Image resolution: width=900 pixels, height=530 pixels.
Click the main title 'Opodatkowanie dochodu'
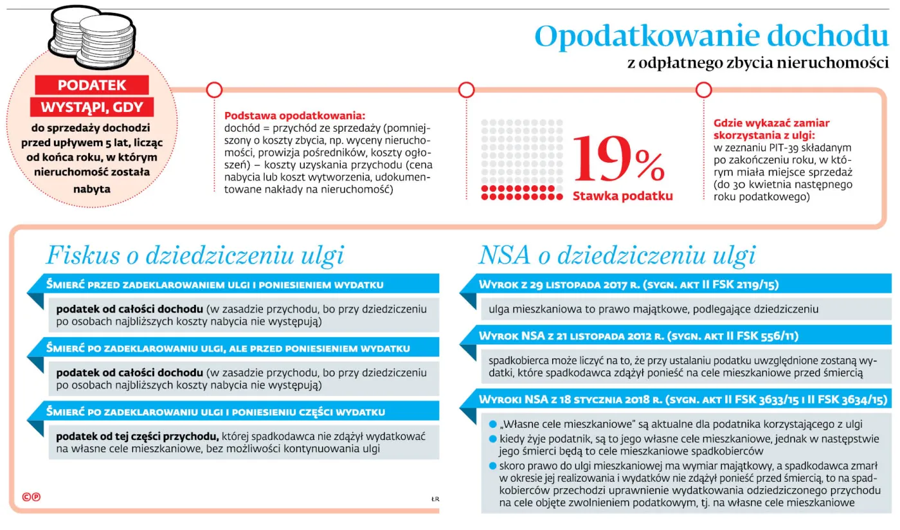click(712, 37)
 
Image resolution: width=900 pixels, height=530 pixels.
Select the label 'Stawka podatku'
click(622, 196)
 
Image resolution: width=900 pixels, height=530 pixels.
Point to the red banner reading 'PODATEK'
click(92, 85)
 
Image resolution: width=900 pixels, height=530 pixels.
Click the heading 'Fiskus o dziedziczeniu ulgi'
click(195, 255)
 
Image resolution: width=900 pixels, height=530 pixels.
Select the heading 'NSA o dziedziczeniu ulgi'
click(617, 255)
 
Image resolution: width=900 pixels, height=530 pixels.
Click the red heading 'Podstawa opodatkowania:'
click(294, 116)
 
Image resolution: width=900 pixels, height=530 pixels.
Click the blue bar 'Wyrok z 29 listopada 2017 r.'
click(675, 284)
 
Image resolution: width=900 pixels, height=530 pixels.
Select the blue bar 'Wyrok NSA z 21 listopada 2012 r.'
click(675, 336)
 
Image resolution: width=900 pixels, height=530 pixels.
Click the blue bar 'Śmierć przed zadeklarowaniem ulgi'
click(238, 284)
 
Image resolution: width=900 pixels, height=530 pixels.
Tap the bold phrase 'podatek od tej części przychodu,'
click(138, 436)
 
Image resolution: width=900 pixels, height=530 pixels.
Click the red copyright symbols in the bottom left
click(30, 497)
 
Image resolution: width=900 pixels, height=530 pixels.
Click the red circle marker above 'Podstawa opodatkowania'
click(214, 89)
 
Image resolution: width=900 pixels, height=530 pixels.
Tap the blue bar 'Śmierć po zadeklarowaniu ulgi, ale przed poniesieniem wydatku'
click(238, 349)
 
